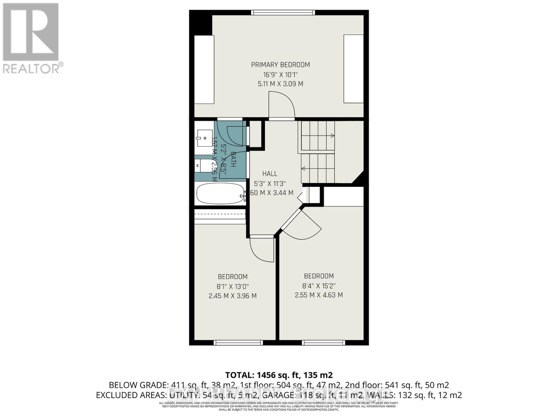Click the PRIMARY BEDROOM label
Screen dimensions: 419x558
280,65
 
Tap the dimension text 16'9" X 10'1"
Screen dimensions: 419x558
280,74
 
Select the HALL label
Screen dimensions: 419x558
270,174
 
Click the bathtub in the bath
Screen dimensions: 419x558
220,194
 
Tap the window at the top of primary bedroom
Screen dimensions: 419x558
283,13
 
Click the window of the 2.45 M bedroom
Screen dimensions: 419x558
238,343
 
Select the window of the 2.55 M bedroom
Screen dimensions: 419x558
323,343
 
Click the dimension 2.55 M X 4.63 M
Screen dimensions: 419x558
319,295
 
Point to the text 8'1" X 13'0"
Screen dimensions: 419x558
233,286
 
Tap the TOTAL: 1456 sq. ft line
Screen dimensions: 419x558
279,375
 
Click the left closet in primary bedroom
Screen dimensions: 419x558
204,69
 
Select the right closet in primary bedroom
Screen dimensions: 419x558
354,69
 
